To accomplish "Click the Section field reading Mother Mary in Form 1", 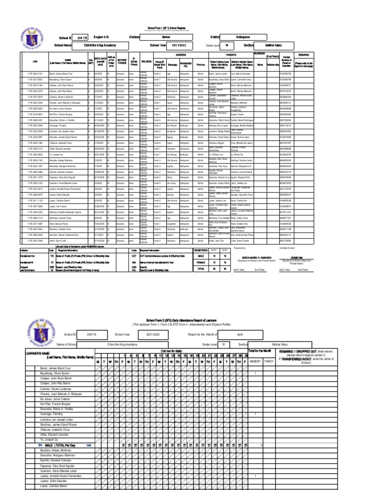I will pos(276,45).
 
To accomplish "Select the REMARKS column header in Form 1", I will pos(304,55).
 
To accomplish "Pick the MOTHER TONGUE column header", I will pos(122,62).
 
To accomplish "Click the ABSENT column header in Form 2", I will pos(255,361).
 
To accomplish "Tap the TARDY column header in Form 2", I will pos(271,361).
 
